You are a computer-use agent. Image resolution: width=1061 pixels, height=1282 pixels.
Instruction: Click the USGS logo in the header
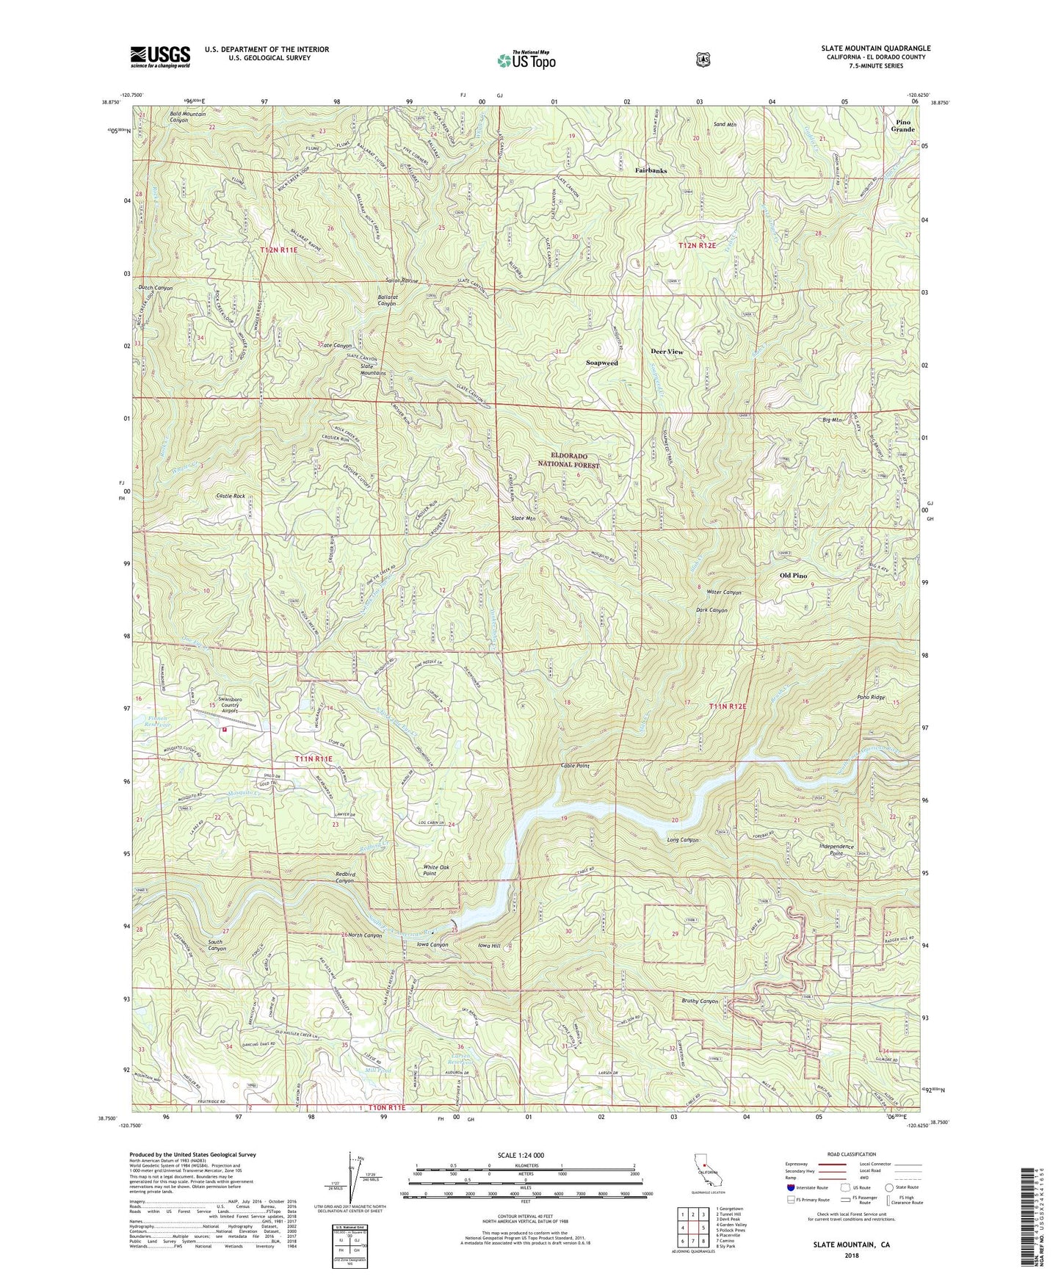pyautogui.click(x=160, y=56)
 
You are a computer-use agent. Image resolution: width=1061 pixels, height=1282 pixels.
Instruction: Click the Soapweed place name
pyautogui.click(x=601, y=363)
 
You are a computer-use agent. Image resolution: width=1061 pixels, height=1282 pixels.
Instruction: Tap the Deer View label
pyautogui.click(x=667, y=352)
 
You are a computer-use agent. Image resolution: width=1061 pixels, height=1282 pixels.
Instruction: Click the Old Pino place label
pyautogui.click(x=793, y=576)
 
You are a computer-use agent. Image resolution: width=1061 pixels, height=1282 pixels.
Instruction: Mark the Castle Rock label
pyautogui.click(x=230, y=496)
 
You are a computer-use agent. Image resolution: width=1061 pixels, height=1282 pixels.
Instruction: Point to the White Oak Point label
pyautogui.click(x=440, y=871)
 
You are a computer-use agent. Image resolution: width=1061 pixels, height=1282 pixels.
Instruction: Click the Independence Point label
pyautogui.click(x=836, y=850)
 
